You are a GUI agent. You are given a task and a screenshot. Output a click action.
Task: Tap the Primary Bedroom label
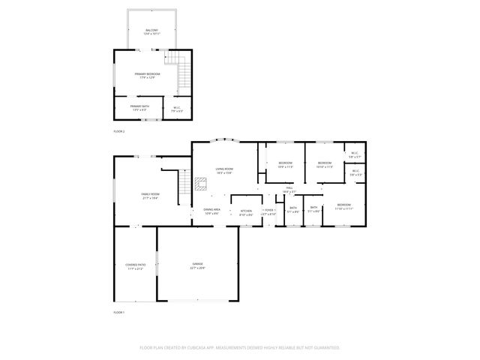click(147, 75)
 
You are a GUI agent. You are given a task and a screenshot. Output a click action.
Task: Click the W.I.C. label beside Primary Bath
click(177, 109)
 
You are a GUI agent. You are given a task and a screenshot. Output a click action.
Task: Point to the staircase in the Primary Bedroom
click(184, 73)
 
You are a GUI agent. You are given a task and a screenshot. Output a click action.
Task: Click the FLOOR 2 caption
click(119, 130)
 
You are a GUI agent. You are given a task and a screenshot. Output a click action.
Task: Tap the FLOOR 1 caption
click(119, 311)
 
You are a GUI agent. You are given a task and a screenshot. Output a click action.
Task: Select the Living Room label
click(224, 170)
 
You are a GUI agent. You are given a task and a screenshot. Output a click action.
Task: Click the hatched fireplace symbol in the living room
click(200, 181)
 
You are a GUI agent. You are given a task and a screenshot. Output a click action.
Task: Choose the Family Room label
click(150, 195)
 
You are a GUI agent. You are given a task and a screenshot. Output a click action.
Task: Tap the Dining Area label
click(211, 211)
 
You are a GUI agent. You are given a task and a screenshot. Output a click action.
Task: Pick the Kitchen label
click(245, 212)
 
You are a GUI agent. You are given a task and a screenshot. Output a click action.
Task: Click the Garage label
click(197, 265)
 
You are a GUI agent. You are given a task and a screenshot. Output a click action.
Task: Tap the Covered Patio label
click(135, 265)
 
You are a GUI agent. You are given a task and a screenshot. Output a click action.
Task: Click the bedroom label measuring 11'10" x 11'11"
click(343, 206)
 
